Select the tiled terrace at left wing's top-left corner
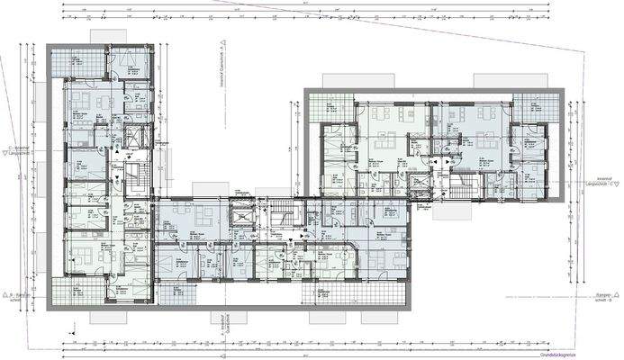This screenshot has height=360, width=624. (x=66, y=61)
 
